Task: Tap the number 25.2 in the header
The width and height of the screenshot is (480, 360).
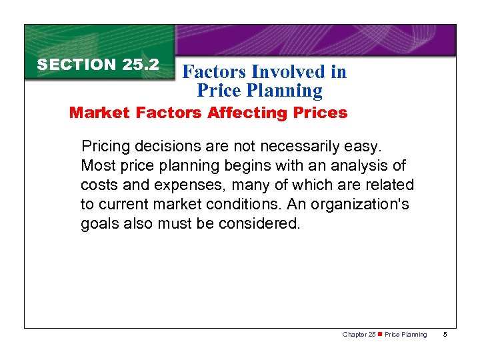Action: (x=141, y=65)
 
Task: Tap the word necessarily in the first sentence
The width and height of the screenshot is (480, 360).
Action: (x=281, y=145)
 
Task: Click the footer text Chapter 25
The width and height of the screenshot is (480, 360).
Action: (x=359, y=335)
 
